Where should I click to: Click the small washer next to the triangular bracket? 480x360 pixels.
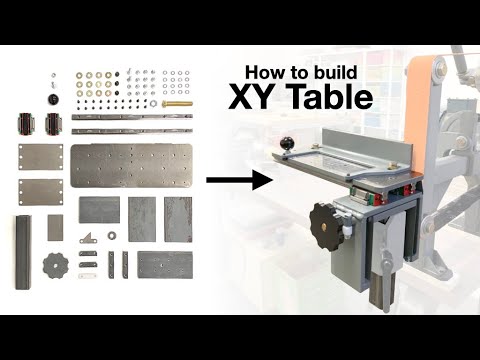tap(110, 236)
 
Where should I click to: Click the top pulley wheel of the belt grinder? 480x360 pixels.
tap(463, 61)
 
